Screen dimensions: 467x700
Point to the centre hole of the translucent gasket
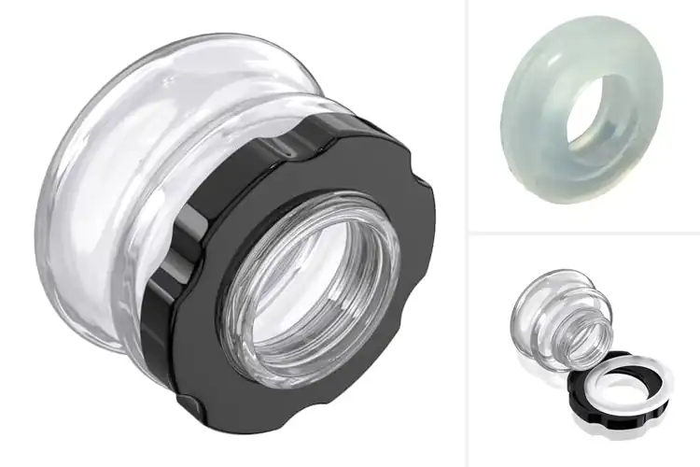click(x=602, y=112)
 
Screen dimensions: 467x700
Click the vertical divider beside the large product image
click(x=465, y=233)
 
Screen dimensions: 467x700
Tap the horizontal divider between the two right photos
click(x=583, y=233)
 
